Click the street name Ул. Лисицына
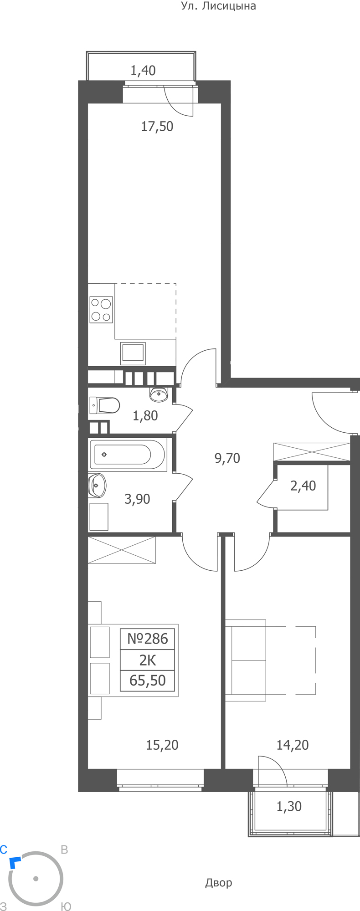pyautogui.click(x=218, y=6)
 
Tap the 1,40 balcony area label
pyautogui.click(x=143, y=71)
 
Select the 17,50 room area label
pyautogui.click(x=157, y=126)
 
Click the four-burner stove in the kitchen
pyautogui.click(x=101, y=310)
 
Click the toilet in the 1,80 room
pyautogui.click(x=104, y=405)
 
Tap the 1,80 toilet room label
pyautogui.click(x=145, y=415)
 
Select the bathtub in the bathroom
pyautogui.click(x=128, y=454)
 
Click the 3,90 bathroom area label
pyautogui.click(x=137, y=499)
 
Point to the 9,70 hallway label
pyautogui.click(x=227, y=458)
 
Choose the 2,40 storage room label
pyautogui.click(x=303, y=486)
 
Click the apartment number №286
pyautogui.click(x=147, y=639)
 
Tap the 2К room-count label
pyautogui.click(x=148, y=660)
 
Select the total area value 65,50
pyautogui.click(x=148, y=681)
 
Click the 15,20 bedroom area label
pyautogui.click(x=162, y=745)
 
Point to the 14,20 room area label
pyautogui.click(x=293, y=745)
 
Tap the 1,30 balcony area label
pyautogui.click(x=289, y=807)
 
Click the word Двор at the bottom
pyautogui.click(x=219, y=883)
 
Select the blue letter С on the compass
pyautogui.click(x=3, y=850)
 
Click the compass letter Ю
pyautogui.click(x=66, y=907)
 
